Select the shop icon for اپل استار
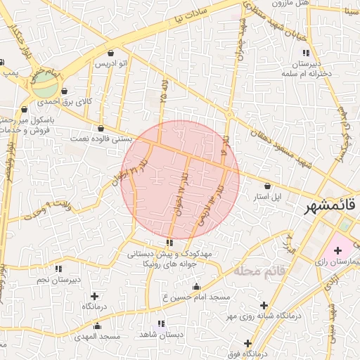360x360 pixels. (267, 186)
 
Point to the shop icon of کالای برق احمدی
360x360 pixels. (65, 91)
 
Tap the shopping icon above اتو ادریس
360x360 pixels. (111, 53)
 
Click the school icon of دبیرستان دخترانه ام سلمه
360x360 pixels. (305, 53)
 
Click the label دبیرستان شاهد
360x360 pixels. (161, 335)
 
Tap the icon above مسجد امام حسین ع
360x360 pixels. (195, 286)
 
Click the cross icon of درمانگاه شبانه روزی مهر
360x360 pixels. (264, 305)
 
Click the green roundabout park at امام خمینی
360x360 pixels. (46, 87)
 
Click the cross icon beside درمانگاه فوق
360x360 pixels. (247, 342)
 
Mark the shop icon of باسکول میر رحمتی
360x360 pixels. (24, 109)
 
